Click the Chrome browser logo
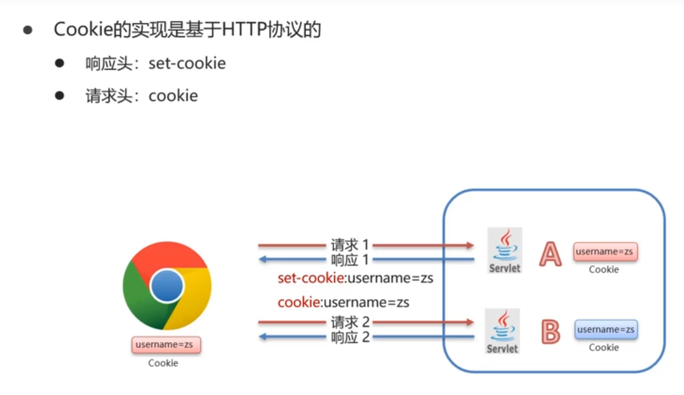[167, 286]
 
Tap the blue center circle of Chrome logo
[167, 286]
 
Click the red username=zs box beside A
[605, 251]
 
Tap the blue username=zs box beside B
[605, 329]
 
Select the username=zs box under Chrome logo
[165, 344]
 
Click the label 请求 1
[350, 245]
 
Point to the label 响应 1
[350, 259]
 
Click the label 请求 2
[350, 323]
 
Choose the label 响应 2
[350, 337]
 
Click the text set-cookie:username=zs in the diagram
[355, 278]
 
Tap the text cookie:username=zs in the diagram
[343, 303]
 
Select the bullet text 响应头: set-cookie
[155, 63]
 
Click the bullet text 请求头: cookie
[142, 95]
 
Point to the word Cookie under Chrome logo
[163, 363]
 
